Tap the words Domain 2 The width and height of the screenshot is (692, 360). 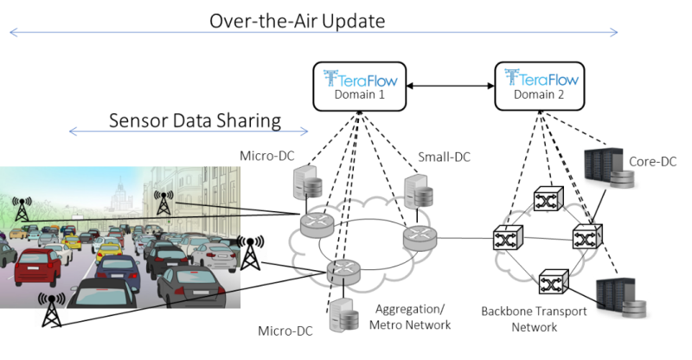539,95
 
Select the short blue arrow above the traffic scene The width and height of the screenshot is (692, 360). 188,132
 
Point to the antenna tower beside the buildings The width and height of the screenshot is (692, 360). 163,202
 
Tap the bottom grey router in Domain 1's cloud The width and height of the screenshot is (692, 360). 344,273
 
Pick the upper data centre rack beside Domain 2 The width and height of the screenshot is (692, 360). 611,168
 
